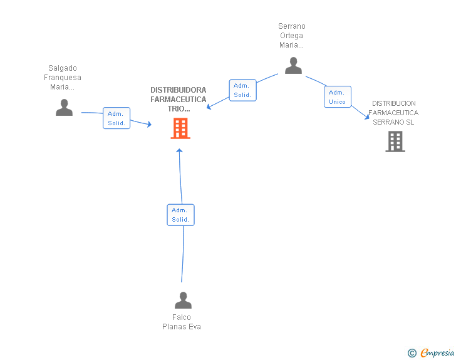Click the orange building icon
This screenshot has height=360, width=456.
coord(180,128)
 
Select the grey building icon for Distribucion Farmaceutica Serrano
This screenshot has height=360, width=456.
coord(395,141)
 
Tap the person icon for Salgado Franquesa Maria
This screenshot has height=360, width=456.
coord(64,107)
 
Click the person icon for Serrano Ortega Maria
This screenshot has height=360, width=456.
coord(293,66)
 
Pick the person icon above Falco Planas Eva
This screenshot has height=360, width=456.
coord(183,300)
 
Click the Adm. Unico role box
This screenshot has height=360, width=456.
coord(338,97)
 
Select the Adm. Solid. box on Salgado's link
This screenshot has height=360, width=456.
coord(117,118)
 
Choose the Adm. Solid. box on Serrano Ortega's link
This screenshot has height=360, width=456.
coord(242,90)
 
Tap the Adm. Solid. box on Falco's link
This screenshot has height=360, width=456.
coord(180,215)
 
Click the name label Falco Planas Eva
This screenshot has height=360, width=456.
coord(182,322)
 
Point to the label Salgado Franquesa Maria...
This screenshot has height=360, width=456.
coord(63,78)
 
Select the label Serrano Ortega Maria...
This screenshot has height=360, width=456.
coord(292,36)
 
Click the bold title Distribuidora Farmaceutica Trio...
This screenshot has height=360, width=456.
coord(179,99)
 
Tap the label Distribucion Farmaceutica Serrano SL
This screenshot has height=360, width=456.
coord(393,113)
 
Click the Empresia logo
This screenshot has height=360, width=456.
coord(437,352)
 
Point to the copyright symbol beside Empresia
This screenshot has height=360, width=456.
coord(412,353)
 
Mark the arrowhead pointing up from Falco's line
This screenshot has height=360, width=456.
coord(179,151)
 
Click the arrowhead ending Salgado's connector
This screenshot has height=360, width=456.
coord(150,124)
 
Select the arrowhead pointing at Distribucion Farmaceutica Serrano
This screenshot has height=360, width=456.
coord(366,117)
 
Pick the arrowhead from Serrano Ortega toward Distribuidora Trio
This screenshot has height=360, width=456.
coord(209,107)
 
